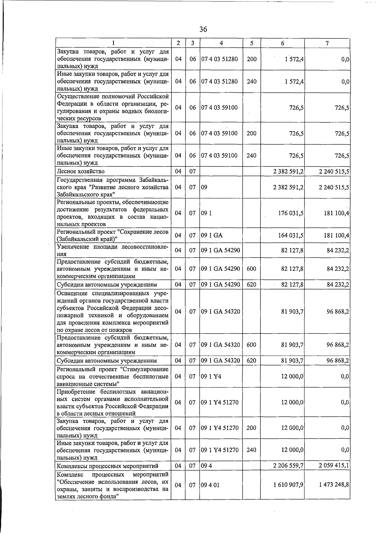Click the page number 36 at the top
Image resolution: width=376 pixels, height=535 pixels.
tap(203, 29)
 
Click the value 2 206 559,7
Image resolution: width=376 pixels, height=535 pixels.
tap(288, 466)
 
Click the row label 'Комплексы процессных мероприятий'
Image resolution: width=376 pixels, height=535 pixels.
tap(107, 466)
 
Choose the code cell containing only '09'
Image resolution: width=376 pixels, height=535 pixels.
tap(204, 187)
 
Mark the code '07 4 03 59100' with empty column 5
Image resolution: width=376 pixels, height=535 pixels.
tap(219, 108)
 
